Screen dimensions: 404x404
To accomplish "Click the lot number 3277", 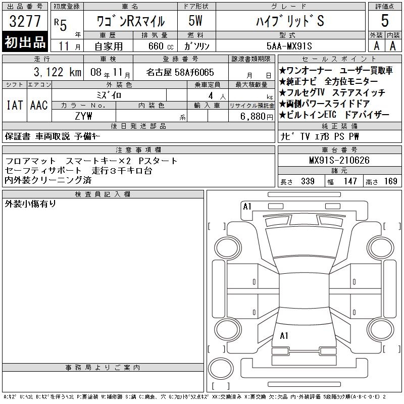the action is click(25, 21).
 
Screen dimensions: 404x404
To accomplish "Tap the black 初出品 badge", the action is click(25, 42).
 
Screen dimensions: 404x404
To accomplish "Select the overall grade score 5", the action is click(385, 21).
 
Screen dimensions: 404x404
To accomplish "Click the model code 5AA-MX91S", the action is click(289, 46).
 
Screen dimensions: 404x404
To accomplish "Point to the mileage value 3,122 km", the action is click(58, 72).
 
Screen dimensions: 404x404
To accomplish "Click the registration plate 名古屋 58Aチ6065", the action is click(180, 72).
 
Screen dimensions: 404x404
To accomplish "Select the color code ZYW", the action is click(83, 116).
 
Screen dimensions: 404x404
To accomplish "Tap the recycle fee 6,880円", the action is click(257, 117).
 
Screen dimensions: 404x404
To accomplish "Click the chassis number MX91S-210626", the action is click(339, 160).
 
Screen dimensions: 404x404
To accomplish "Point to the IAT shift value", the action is click(15, 105).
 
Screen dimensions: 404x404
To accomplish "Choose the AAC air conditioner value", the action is click(39, 105).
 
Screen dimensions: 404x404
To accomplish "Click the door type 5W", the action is click(195, 21).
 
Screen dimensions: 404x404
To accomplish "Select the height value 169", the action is click(390, 181).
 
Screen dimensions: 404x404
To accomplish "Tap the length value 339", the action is click(308, 181).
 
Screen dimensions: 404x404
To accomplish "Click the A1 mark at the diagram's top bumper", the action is click(247, 207).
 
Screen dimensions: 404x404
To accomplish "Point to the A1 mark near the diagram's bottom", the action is click(284, 336).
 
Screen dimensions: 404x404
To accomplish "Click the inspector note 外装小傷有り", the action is click(30, 204).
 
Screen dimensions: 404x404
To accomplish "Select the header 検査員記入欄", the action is click(103, 194).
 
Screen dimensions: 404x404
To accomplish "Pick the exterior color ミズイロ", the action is click(109, 95).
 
